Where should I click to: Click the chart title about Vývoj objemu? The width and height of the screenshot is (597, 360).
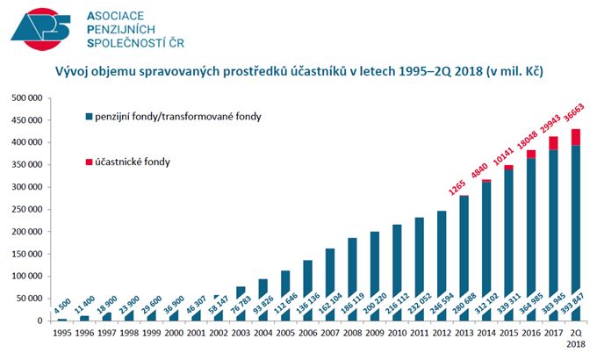298,71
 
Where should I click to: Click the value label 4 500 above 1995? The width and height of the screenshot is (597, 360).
61,306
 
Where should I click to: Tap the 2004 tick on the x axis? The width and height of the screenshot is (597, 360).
262,335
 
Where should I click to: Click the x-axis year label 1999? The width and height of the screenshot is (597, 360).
150,335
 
